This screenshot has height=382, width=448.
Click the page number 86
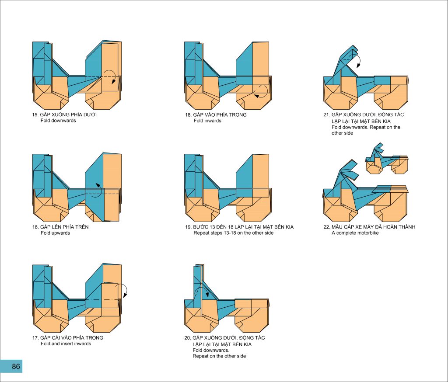[16, 366]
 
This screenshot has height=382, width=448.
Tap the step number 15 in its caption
[35, 115]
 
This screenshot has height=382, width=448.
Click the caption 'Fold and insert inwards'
[66, 344]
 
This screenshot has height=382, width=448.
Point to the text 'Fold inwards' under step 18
[207, 121]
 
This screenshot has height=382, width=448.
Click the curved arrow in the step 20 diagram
[201, 292]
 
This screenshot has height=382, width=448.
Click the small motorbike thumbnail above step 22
[387, 159]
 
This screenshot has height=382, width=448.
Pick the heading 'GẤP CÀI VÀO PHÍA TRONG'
[72, 337]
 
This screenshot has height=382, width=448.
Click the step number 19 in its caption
[188, 227]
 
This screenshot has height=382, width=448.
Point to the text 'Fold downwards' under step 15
[58, 121]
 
